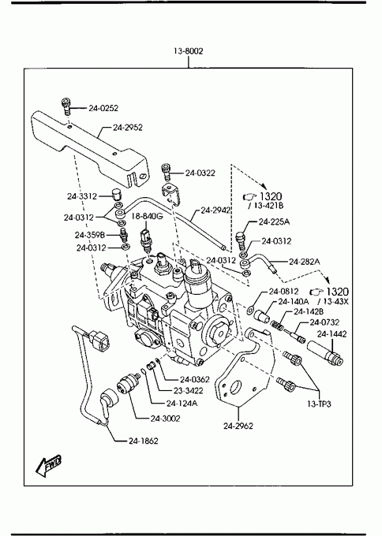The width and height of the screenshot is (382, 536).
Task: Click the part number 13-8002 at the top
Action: tap(188, 51)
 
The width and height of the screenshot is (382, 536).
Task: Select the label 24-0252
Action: tap(103, 108)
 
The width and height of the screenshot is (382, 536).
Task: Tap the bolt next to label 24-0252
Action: tap(66, 106)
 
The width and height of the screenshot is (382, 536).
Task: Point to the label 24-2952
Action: tap(128, 128)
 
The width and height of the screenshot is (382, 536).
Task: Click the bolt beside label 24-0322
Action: tap(166, 172)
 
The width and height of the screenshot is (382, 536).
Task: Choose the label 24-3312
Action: tap(82, 196)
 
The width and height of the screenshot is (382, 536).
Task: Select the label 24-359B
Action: tap(90, 235)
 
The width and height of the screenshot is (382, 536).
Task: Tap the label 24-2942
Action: tap(215, 210)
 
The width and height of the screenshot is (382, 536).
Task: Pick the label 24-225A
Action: tap(274, 221)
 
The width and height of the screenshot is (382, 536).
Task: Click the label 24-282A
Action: tap(305, 262)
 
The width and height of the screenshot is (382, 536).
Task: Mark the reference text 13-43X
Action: tap(335, 301)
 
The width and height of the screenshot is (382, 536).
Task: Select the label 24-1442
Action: tap(331, 334)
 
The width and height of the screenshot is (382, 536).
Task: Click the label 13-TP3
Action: tap(319, 404)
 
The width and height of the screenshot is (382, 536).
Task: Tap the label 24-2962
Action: tap(238, 426)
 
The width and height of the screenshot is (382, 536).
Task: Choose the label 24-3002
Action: tap(165, 419)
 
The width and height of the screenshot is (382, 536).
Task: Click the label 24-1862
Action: tap(144, 441)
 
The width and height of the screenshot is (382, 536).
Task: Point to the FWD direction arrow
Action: tap(49, 465)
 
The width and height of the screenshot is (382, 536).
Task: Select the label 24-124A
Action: tap(182, 404)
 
